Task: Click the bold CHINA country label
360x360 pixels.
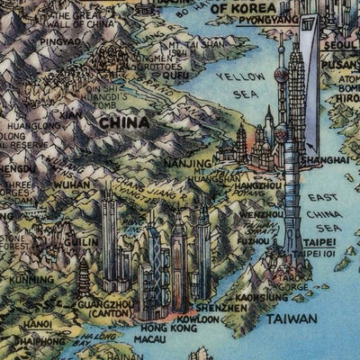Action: [124, 122]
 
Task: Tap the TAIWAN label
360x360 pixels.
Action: [291, 319]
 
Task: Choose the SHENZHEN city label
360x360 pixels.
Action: [221, 308]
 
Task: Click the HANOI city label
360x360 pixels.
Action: [37, 324]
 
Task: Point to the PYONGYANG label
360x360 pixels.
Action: [270, 19]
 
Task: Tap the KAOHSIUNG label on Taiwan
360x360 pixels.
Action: [263, 297]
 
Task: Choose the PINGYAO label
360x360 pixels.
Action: [60, 41]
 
